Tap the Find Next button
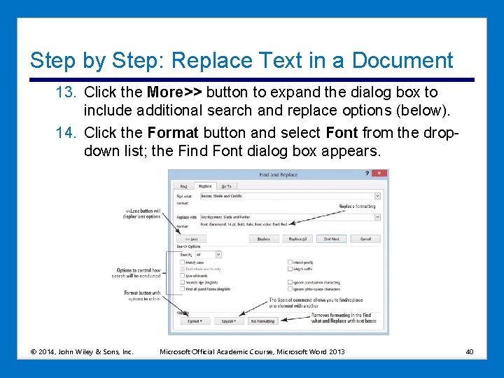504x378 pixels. (331, 239)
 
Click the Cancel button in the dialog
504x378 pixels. (365, 239)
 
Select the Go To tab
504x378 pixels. (226, 186)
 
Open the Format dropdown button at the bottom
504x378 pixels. (195, 321)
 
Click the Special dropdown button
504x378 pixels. (228, 321)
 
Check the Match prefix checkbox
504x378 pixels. (290, 262)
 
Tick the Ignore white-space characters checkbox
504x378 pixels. (290, 288)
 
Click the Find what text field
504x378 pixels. (287, 197)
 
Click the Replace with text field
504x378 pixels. (287, 217)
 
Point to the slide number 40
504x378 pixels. (470, 351)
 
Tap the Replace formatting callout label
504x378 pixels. (357, 206)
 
